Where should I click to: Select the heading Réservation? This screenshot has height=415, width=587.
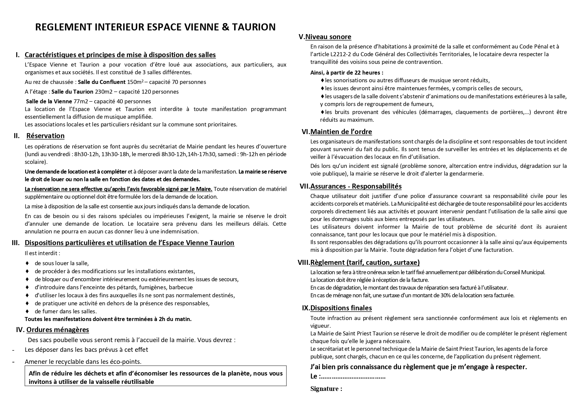tap(45, 136)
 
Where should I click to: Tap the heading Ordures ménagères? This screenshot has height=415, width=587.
tap(58, 330)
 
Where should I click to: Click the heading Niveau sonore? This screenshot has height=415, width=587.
tap(328, 37)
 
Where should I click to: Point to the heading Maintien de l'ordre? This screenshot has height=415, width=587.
tap(341, 132)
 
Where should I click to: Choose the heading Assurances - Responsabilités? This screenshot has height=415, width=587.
tap(356, 186)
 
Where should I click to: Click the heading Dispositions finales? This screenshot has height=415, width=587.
tap(341, 308)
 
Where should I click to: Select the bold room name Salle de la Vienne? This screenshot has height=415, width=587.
tap(49, 101)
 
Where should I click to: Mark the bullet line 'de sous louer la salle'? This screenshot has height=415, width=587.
tap(62, 263)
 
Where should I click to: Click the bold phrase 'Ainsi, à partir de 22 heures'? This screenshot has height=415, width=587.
tap(347, 73)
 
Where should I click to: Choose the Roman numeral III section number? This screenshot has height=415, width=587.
tap(16, 243)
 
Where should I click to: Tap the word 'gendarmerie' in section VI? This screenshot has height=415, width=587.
tap(468, 174)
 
